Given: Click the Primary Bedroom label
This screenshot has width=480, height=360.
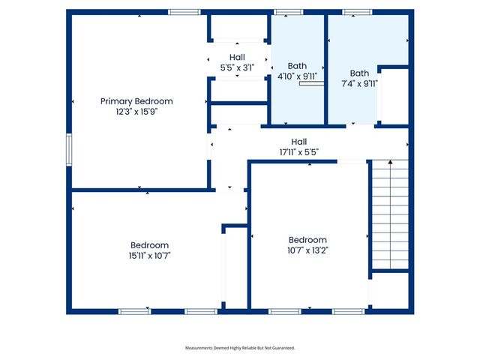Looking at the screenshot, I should pyautogui.click(x=136, y=101).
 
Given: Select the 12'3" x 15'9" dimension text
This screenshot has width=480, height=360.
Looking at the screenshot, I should pyautogui.click(x=136, y=111).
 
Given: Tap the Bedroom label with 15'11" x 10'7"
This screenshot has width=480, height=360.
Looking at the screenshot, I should pyautogui.click(x=149, y=245).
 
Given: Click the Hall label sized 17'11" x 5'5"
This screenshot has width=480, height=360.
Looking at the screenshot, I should pyautogui.click(x=298, y=142).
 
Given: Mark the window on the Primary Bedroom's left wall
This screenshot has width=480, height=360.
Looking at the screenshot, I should pyautogui.click(x=69, y=148).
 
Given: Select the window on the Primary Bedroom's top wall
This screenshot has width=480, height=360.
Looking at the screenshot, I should pyautogui.click(x=184, y=12).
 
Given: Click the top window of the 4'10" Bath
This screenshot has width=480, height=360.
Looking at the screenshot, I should pyautogui.click(x=288, y=12).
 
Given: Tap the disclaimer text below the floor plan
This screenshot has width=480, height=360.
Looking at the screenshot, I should pyautogui.click(x=240, y=348).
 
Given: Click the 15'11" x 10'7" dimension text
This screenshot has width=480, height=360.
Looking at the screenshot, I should pyautogui.click(x=149, y=255).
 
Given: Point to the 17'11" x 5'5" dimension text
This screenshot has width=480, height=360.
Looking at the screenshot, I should pyautogui.click(x=298, y=151).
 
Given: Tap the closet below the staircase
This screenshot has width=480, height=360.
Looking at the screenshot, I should pyautogui.click(x=389, y=290).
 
